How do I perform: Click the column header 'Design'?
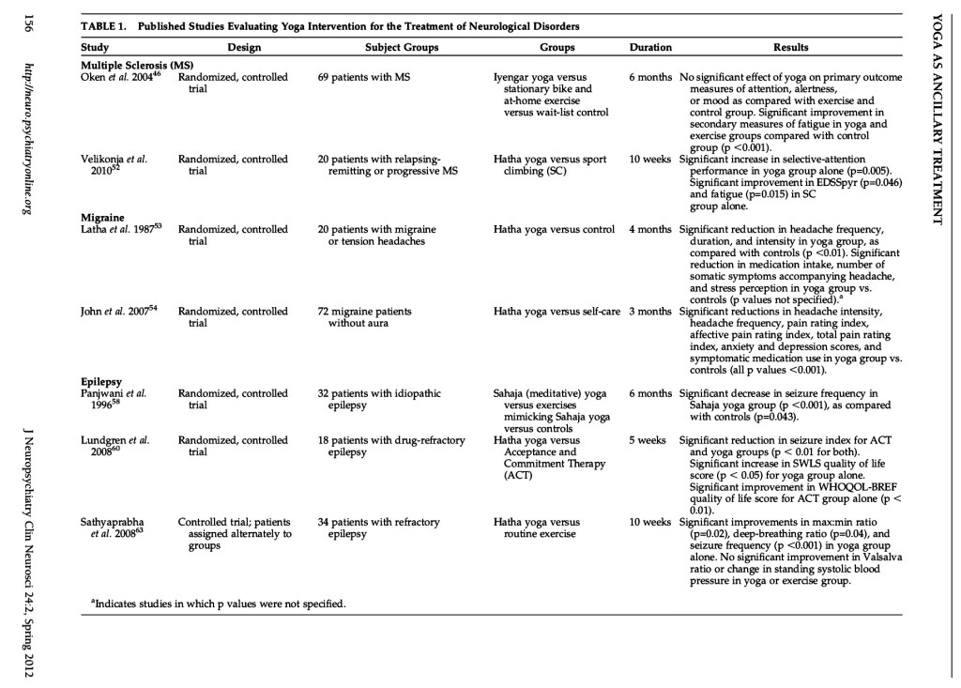click(244, 47)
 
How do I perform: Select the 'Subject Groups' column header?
click(395, 47)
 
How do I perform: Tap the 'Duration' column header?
click(650, 47)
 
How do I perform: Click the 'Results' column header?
click(790, 47)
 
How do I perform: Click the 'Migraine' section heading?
click(102, 217)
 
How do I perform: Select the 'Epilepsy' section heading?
click(102, 382)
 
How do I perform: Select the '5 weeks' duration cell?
click(649, 439)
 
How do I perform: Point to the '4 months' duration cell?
click(650, 229)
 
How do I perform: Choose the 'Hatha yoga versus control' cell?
click(554, 229)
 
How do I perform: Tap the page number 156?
click(26, 25)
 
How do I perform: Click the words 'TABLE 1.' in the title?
click(104, 23)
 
